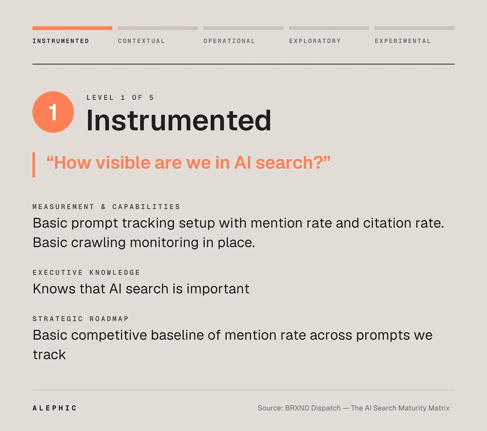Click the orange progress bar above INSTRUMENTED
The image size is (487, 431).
pyautogui.click(x=72, y=28)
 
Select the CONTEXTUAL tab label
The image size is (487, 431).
pyautogui.click(x=141, y=41)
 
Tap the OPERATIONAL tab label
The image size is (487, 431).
pyautogui.click(x=229, y=41)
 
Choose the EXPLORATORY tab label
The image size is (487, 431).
pyautogui.click(x=315, y=41)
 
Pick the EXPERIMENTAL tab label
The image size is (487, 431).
pyautogui.click(x=403, y=41)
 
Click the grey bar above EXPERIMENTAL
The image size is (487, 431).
pyautogui.click(x=414, y=28)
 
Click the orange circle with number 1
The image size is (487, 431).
pyautogui.click(x=53, y=112)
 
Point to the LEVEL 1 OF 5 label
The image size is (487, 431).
pyautogui.click(x=120, y=98)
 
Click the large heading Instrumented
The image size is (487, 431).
pyautogui.click(x=179, y=120)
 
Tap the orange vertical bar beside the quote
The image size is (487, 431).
pyautogui.click(x=34, y=165)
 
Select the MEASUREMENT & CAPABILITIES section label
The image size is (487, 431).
pyautogui.click(x=106, y=207)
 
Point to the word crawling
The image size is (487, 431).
pyautogui.click(x=98, y=243)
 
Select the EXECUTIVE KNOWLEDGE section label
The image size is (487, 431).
pyautogui.click(x=86, y=272)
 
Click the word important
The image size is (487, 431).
pyautogui.click(x=218, y=288)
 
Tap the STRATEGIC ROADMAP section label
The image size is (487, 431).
pyautogui.click(x=81, y=319)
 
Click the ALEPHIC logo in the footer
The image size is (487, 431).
pyautogui.click(x=55, y=408)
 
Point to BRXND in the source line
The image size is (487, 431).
pyautogui.click(x=297, y=408)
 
